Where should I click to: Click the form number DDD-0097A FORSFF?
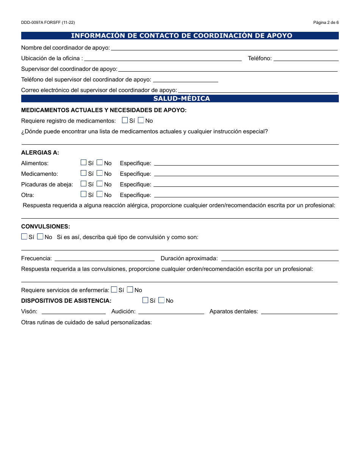45,22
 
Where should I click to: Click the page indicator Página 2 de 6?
326,22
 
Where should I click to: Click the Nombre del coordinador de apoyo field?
224,47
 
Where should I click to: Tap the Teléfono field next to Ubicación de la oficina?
306,58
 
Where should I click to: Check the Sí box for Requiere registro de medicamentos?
125,120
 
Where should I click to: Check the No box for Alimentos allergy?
100,163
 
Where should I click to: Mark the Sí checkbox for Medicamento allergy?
84,173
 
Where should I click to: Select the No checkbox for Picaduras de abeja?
100,184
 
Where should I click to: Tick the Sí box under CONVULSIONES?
24,236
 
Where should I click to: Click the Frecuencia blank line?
105,258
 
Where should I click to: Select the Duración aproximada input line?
280,258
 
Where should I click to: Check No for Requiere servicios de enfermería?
130,289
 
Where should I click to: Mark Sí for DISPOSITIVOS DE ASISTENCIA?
145,300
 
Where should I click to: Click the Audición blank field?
171,311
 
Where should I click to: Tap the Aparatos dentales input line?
299,311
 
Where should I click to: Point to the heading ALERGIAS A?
40,153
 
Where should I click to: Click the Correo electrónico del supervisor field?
258,90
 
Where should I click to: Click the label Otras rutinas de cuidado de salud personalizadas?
86,322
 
